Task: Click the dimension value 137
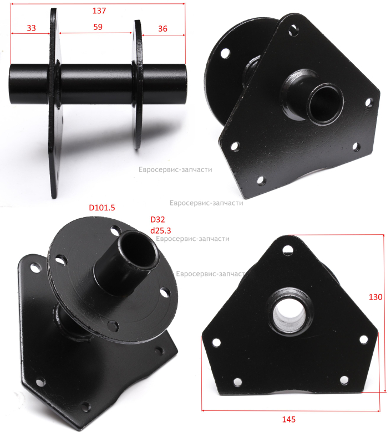[99, 11]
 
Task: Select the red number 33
[31, 28]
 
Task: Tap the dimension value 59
[98, 27]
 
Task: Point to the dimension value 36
[163, 29]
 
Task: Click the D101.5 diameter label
[102, 208]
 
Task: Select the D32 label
[158, 219]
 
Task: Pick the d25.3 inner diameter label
[160, 230]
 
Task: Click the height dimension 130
[375, 297]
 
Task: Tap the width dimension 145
[288, 419]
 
